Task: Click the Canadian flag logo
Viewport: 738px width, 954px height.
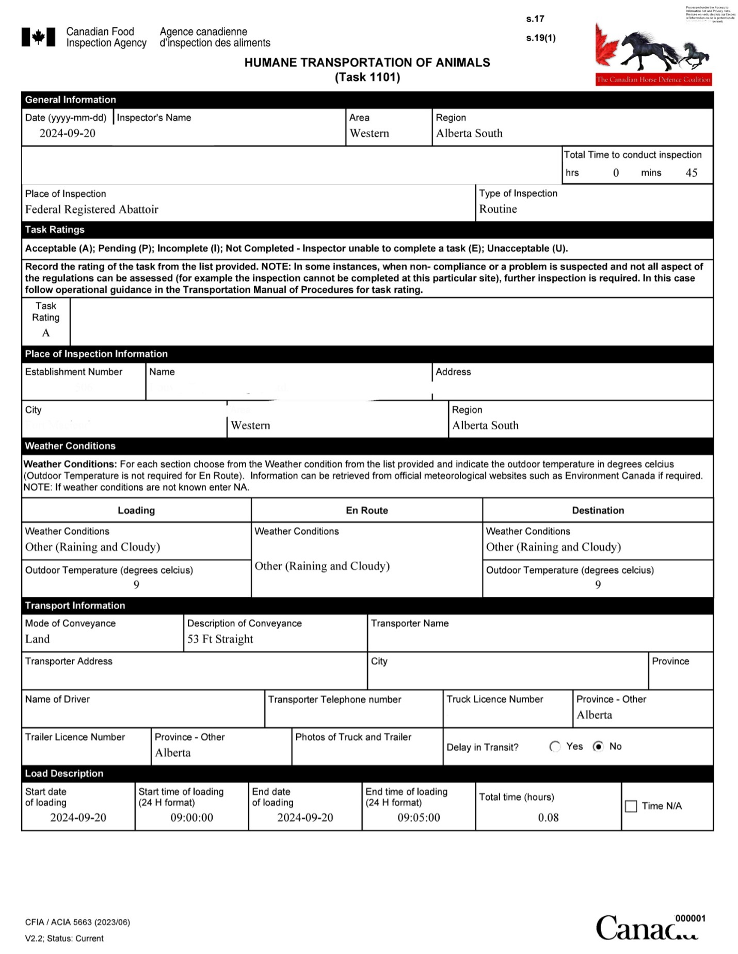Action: pos(38,37)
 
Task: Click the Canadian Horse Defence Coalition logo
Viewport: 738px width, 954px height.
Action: pos(653,54)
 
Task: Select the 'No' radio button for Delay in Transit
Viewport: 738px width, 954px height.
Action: pos(598,746)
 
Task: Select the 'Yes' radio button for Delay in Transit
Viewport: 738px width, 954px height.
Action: pos(555,746)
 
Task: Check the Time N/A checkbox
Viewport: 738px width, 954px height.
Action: pos(631,806)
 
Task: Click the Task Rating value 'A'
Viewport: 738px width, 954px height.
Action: pos(46,333)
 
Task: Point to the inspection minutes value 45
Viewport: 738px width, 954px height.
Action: pos(691,173)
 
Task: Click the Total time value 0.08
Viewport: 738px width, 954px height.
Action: pos(548,818)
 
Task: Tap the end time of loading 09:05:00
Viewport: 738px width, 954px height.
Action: pos(419,818)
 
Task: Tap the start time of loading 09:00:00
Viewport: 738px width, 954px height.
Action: pos(191,818)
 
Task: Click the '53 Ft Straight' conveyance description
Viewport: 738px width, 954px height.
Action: pos(220,639)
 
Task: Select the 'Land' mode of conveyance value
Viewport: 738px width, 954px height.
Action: pos(38,639)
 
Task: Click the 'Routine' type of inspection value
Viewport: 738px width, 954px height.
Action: pos(498,209)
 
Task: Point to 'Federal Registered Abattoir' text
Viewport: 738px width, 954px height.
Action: pos(91,210)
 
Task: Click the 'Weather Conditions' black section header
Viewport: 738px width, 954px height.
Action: pos(70,446)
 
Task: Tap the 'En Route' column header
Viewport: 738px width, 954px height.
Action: pos(366,511)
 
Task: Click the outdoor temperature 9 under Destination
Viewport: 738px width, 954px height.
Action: pos(598,585)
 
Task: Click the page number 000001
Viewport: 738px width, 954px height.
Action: pos(690,918)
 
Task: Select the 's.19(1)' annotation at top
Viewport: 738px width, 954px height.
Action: pos(541,38)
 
